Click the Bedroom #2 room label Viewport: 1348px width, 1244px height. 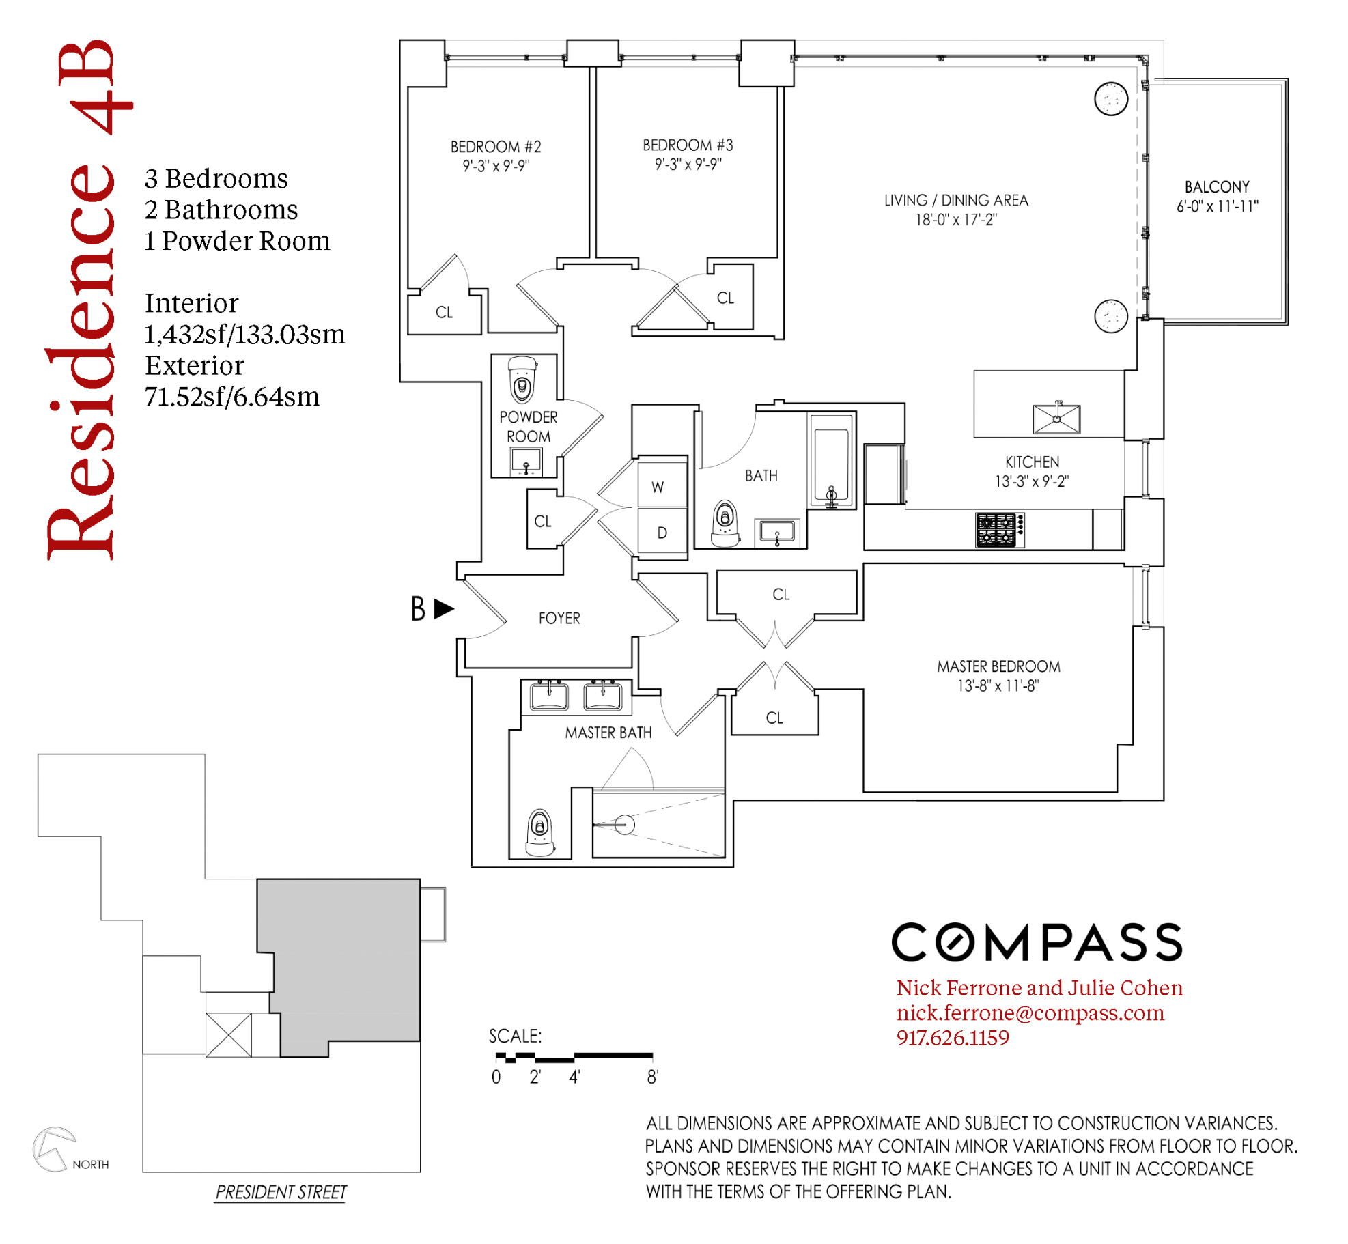click(495, 147)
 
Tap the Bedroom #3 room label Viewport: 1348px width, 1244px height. click(687, 145)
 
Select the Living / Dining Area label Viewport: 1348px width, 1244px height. click(955, 200)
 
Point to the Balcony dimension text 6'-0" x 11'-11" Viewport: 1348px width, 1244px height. click(1216, 206)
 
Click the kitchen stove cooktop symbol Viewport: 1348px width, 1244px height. click(999, 530)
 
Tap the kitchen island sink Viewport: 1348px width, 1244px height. click(1056, 419)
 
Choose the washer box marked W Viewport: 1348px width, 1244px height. click(661, 485)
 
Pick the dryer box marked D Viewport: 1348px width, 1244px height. click(661, 532)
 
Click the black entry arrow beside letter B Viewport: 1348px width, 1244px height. click(444, 608)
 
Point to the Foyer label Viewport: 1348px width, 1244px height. click(559, 618)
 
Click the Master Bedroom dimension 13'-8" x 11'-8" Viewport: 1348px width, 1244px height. click(998, 685)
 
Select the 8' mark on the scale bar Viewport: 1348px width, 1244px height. click(652, 1077)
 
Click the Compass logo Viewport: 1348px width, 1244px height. click(1036, 942)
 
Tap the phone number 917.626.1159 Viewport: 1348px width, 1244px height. click(952, 1038)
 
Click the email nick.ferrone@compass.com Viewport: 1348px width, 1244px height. click(1029, 1013)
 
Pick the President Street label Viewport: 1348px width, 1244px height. click(281, 1192)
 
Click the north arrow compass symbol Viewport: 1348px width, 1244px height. click(53, 1148)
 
